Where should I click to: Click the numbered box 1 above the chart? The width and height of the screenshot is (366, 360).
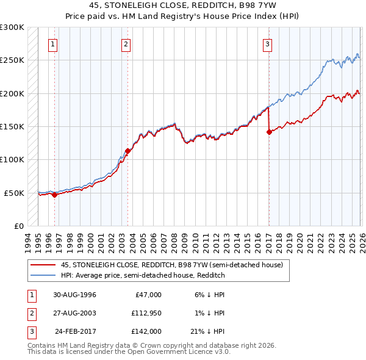point(54,43)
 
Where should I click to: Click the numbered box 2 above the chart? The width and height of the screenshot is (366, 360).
point(126,43)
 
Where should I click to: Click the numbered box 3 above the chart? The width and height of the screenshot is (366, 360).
point(268,43)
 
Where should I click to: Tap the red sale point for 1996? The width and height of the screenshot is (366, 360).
point(54,195)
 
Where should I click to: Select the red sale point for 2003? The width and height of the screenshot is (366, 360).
point(127,151)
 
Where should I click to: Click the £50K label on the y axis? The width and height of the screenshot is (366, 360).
point(14,193)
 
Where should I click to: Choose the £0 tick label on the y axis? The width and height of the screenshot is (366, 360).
point(18,226)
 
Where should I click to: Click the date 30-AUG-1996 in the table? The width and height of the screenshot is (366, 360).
point(75,295)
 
